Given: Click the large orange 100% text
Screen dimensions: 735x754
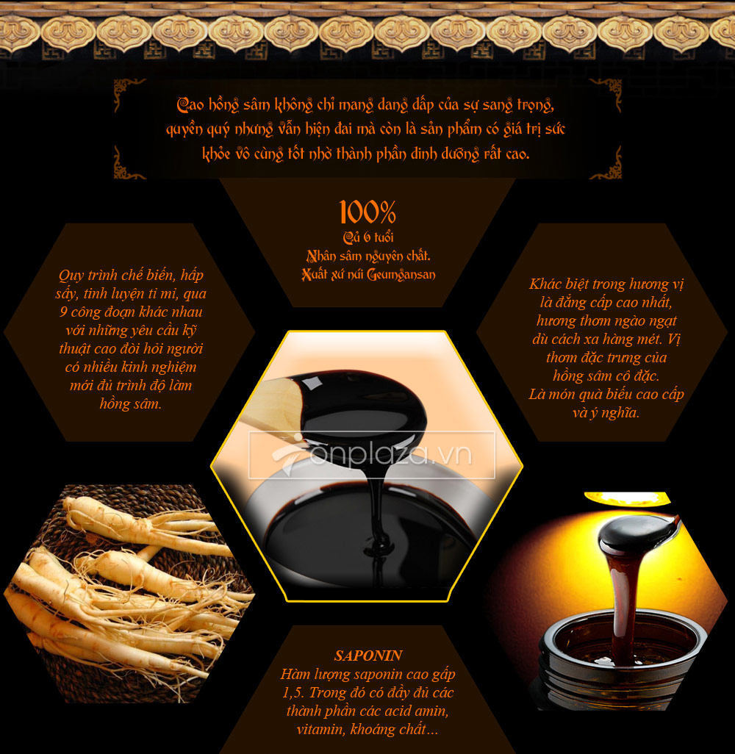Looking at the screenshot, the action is pos(367,212).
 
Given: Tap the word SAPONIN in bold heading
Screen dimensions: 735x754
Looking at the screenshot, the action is pos(368,656).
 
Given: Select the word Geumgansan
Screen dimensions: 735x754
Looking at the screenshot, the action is pos(401,275).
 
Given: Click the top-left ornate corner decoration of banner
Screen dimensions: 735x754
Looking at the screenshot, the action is pos(127,93).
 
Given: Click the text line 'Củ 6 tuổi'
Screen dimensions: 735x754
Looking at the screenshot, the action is pos(368,237).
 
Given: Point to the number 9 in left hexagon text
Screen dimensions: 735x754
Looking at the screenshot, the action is pos(63,312).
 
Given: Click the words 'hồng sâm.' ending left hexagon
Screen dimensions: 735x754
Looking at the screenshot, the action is pos(130,403).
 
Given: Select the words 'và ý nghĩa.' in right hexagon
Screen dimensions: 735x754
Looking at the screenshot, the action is pos(606,412).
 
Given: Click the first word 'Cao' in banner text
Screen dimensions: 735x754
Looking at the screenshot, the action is pos(190,104).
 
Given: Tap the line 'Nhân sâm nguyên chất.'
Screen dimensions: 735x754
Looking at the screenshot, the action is pos(368,256).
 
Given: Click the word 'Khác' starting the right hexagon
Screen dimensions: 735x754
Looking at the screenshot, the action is pos(545,284).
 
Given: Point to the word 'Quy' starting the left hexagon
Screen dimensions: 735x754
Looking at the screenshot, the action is pos(71,276).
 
